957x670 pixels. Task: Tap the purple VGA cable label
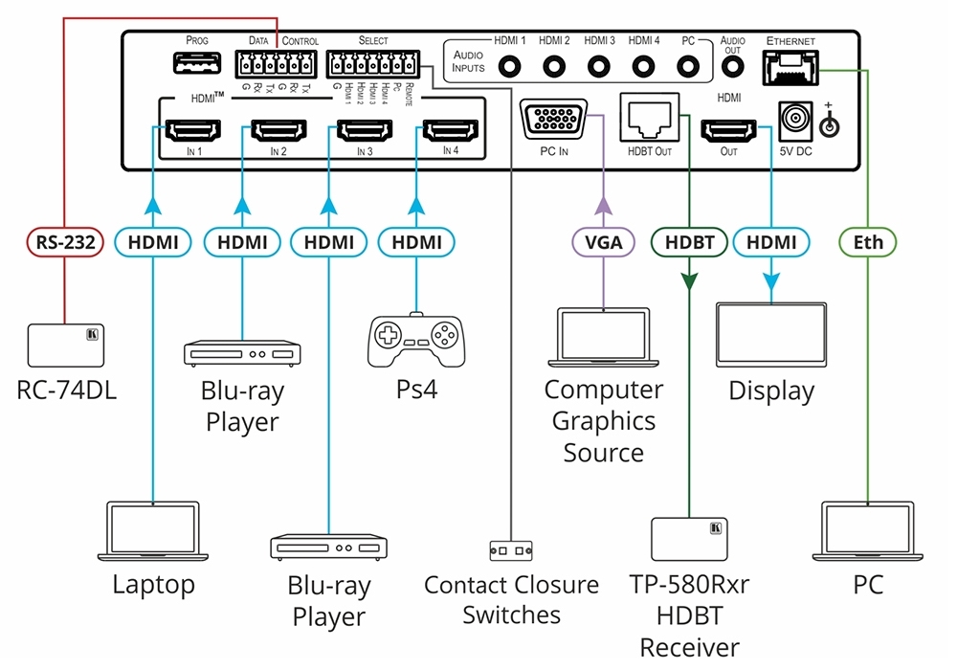[x=604, y=243]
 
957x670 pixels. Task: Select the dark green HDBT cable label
[x=689, y=243]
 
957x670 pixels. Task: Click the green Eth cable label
[x=867, y=243]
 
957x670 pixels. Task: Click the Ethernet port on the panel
[x=790, y=67]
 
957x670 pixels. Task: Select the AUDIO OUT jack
[x=732, y=67]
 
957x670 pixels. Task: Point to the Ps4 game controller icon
[x=415, y=340]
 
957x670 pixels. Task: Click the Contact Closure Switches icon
[x=510, y=551]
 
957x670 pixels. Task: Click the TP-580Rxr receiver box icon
[x=688, y=539]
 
